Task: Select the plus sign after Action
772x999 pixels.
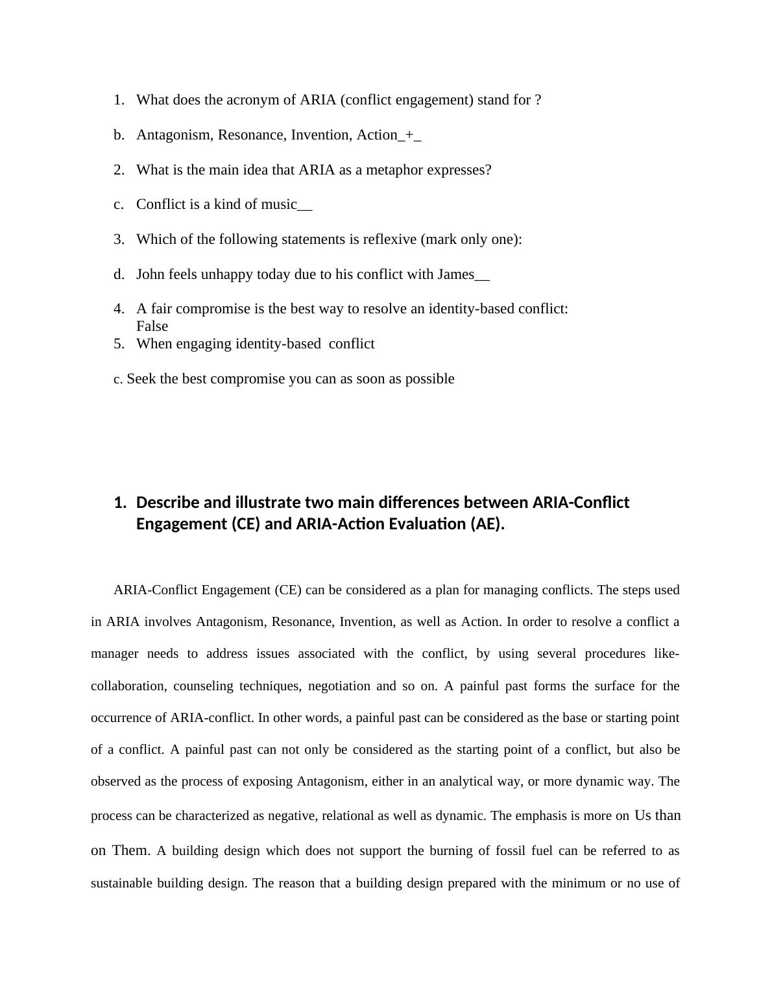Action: [409, 135]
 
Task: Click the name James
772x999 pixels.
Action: [455, 274]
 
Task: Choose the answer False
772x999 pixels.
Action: [152, 326]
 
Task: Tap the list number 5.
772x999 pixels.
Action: [119, 344]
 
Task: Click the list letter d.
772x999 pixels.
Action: [119, 274]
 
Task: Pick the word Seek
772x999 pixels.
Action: [141, 379]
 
